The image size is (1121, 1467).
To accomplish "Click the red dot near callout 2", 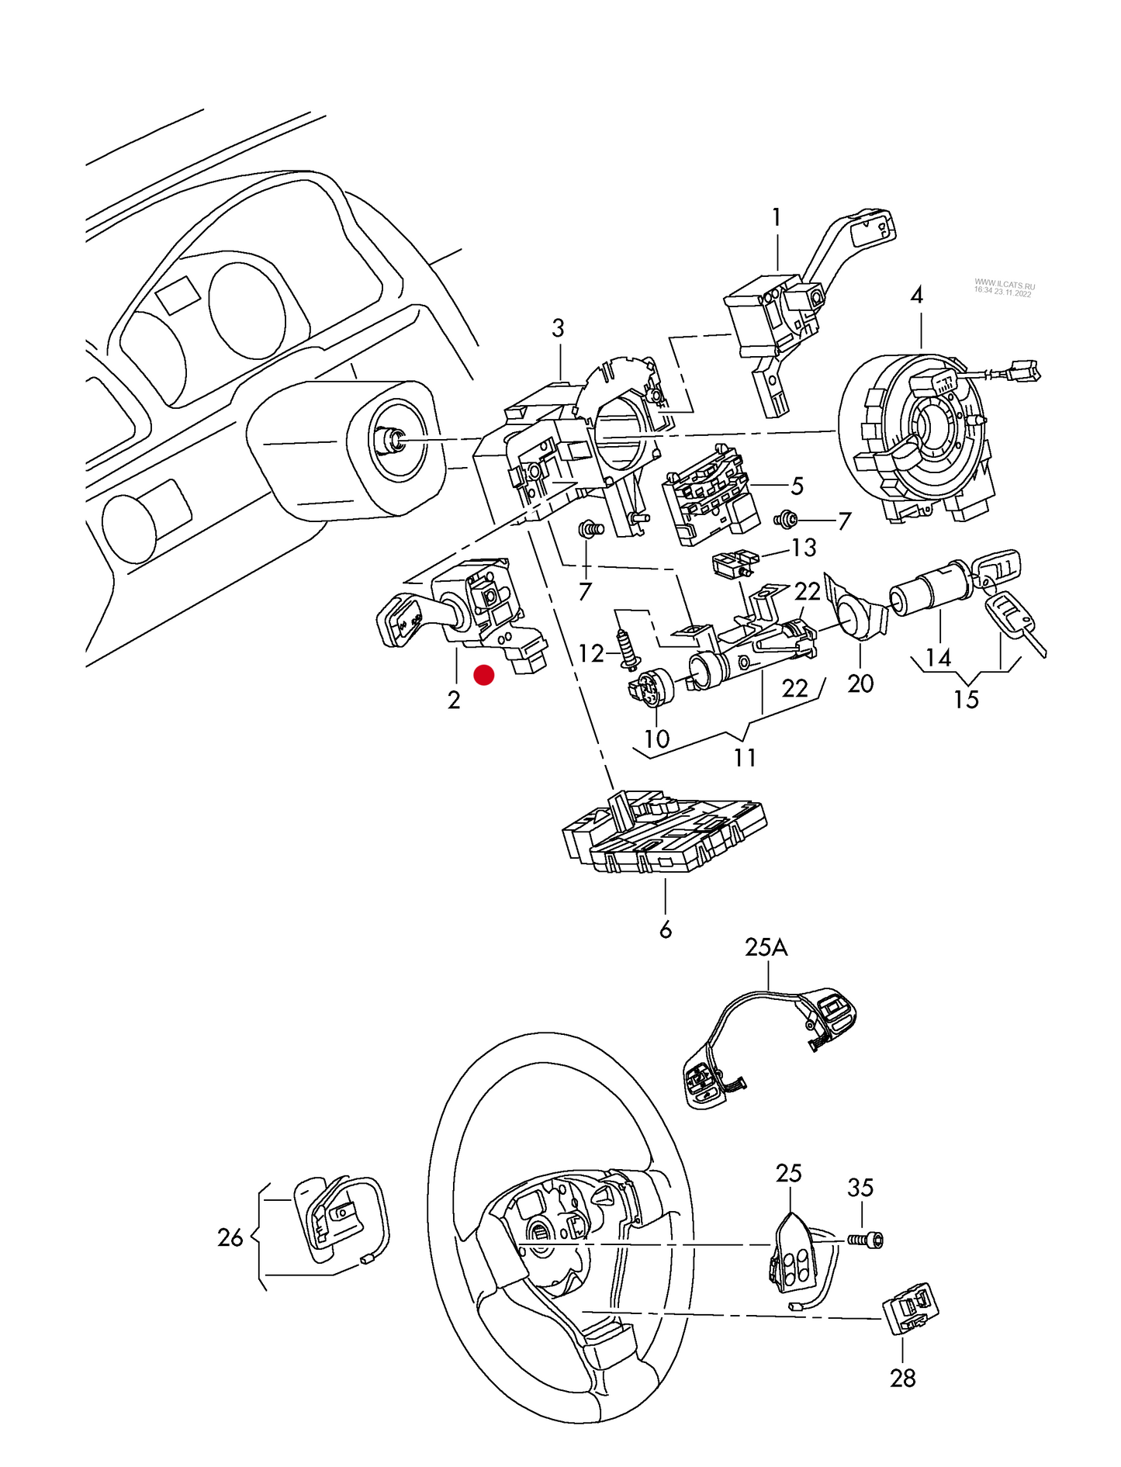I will [x=484, y=675].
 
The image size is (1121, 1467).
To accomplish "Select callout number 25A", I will [x=766, y=947].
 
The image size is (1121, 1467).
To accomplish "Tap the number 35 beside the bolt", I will [x=860, y=1188].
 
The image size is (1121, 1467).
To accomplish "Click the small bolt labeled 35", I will [x=867, y=1240].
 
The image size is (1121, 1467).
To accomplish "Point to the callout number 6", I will [x=665, y=929].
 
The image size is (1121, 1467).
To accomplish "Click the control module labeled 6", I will [x=664, y=834].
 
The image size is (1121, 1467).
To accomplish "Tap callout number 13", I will [x=804, y=548].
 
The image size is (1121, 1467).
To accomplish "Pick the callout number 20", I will [x=860, y=683].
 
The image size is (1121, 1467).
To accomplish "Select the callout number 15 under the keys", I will [x=966, y=700].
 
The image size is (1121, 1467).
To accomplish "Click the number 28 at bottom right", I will [x=903, y=1378].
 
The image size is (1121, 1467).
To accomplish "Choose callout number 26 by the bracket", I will [x=230, y=1237].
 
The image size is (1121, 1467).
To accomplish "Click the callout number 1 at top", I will [x=777, y=218].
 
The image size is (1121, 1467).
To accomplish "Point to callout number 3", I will [x=558, y=328].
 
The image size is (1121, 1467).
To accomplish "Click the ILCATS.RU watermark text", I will [x=1004, y=288].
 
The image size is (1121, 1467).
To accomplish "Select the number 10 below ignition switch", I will [x=656, y=739].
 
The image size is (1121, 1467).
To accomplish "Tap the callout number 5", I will [x=797, y=486].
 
